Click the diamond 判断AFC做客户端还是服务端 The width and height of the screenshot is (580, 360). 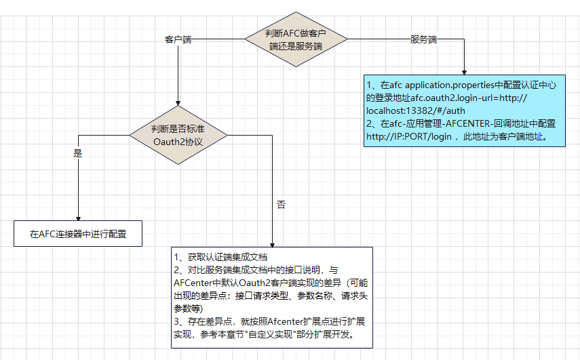[x=294, y=39]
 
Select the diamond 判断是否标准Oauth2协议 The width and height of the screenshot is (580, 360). [x=178, y=134]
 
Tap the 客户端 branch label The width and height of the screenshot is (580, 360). [x=178, y=40]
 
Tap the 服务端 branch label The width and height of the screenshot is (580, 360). [x=423, y=39]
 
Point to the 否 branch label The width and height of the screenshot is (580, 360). [x=282, y=203]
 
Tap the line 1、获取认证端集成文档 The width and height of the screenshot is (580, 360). [x=221, y=257]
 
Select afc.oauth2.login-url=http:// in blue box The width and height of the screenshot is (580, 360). [x=468, y=98]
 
